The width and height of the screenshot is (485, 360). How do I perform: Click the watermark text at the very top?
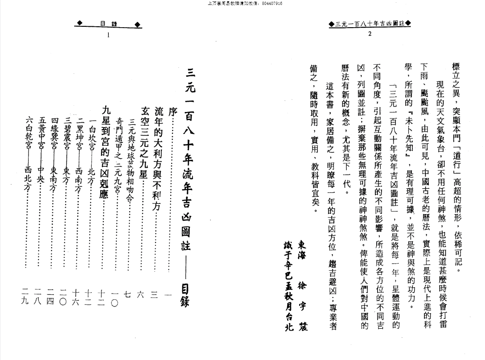[x=242, y=4]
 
